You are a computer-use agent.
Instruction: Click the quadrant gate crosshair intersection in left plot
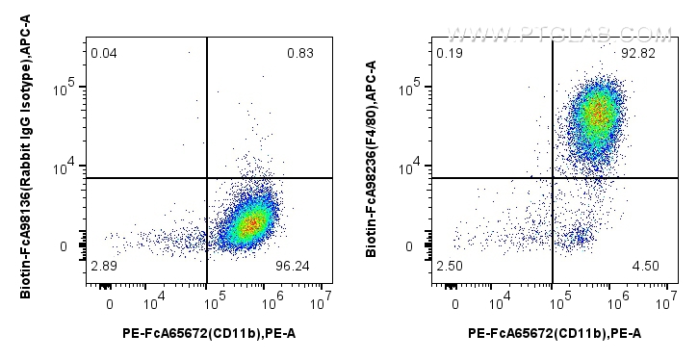207,178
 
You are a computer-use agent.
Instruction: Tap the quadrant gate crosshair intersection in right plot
552,178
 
